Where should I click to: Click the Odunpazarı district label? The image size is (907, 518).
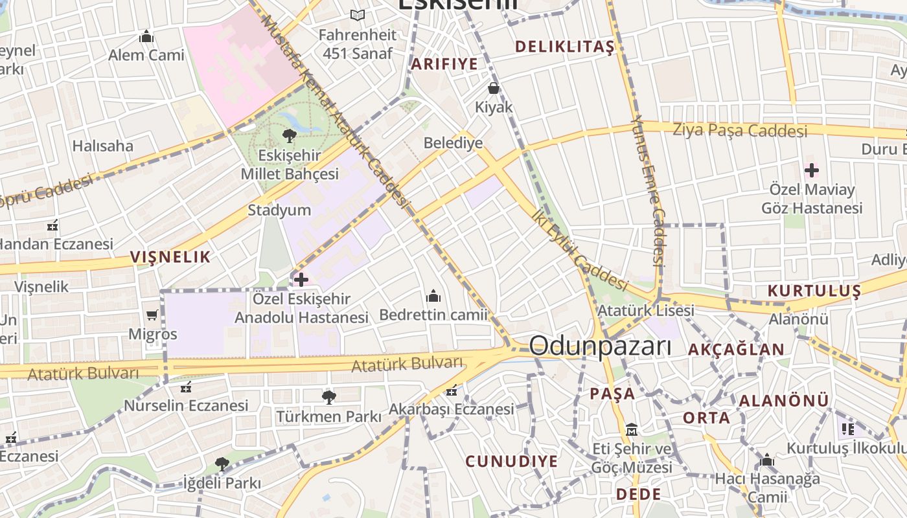[x=600, y=346]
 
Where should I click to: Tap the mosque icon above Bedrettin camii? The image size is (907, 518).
[x=433, y=297]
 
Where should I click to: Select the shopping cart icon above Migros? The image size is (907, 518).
[x=152, y=315]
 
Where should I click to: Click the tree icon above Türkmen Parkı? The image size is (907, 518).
[x=328, y=397]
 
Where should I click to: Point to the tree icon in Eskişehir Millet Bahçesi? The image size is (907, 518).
[x=290, y=135]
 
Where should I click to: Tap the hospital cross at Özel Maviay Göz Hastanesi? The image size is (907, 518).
[x=811, y=171]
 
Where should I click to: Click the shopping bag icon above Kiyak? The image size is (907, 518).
[x=494, y=88]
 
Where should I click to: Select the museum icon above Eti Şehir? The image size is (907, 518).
[x=632, y=429]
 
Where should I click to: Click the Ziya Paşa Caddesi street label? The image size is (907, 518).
[x=740, y=130]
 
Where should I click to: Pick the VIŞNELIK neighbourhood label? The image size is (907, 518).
[x=170, y=257]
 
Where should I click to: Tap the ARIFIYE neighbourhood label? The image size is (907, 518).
[x=444, y=63]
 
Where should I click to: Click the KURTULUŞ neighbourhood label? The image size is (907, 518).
[x=814, y=291]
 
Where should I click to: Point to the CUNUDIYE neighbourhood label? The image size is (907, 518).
[x=511, y=461]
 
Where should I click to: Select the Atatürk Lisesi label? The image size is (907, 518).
[x=645, y=310]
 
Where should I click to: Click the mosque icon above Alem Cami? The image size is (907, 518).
[x=146, y=36]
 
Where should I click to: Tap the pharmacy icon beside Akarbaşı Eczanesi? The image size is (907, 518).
[x=452, y=390]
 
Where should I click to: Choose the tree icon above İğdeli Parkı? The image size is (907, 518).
[x=222, y=464]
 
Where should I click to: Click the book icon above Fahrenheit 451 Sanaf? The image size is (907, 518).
[x=358, y=15]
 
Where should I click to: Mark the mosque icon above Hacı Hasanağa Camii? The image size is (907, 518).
[x=767, y=460]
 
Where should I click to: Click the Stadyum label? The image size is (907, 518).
[x=279, y=210]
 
